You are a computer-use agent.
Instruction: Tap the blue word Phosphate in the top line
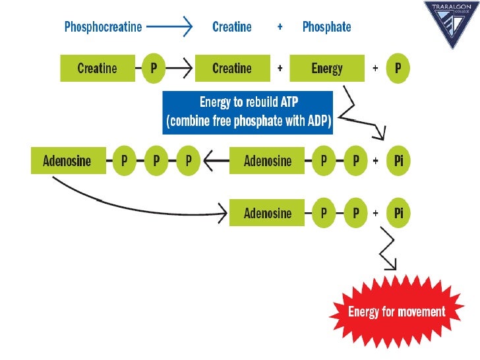[x=326, y=27]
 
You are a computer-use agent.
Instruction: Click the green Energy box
[x=328, y=69]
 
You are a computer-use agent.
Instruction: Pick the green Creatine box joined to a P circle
[x=98, y=69]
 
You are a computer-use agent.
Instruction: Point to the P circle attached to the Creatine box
[x=153, y=69]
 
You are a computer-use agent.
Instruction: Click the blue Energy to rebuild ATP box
[x=248, y=113]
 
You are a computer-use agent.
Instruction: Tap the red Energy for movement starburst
[x=397, y=312]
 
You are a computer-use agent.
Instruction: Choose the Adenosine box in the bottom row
[x=267, y=213]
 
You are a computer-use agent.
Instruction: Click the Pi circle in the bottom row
[x=398, y=213]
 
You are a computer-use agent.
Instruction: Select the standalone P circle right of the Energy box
[x=398, y=69]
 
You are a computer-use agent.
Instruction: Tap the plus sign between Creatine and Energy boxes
[x=280, y=69]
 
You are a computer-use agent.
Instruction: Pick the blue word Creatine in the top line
[x=232, y=27]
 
